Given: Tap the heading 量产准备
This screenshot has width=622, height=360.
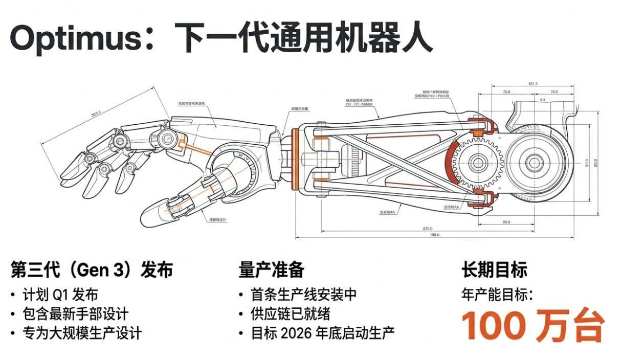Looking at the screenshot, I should [x=271, y=269].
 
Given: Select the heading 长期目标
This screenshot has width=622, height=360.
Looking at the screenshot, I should [x=494, y=269].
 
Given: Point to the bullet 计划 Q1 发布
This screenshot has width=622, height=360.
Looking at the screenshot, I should [x=60, y=295].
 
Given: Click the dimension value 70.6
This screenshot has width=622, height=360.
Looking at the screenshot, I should [x=506, y=93].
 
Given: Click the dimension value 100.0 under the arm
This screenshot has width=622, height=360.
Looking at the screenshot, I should [x=435, y=235].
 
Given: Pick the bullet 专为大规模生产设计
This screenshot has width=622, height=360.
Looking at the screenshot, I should [x=82, y=333].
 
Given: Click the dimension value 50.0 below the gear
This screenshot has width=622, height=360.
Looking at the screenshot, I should [x=506, y=222].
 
